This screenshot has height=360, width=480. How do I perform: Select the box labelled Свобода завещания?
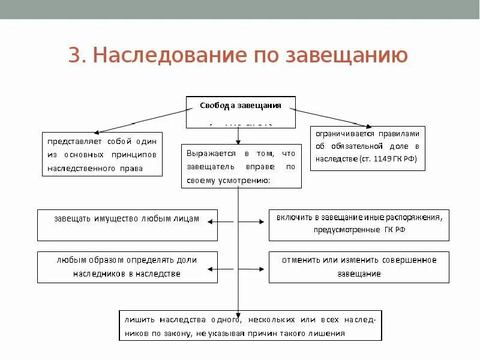coord(241,112)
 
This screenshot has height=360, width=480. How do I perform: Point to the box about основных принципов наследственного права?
coord(103,154)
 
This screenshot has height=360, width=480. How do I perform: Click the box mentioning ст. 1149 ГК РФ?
coord(367,148)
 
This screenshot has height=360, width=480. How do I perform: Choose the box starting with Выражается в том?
coord(241,166)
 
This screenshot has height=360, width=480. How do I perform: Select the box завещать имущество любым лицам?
coord(127,225)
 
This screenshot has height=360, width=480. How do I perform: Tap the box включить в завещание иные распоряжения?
coord(358,225)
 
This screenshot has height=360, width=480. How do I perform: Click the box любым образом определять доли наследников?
coord(127,267)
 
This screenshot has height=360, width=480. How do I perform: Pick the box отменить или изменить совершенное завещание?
coord(358,267)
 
